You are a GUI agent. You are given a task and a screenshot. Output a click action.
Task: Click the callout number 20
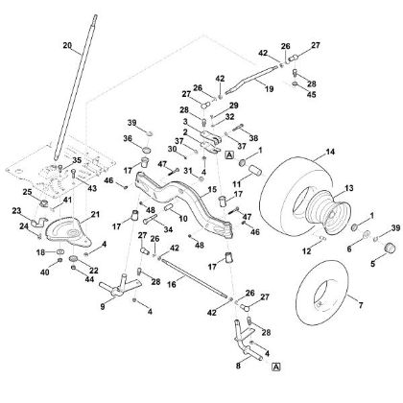(67, 45)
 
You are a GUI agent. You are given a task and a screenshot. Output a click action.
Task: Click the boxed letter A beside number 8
(274, 367)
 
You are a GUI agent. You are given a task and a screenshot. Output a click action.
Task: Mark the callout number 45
(285, 95)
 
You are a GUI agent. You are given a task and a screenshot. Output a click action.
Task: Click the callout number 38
(254, 137)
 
